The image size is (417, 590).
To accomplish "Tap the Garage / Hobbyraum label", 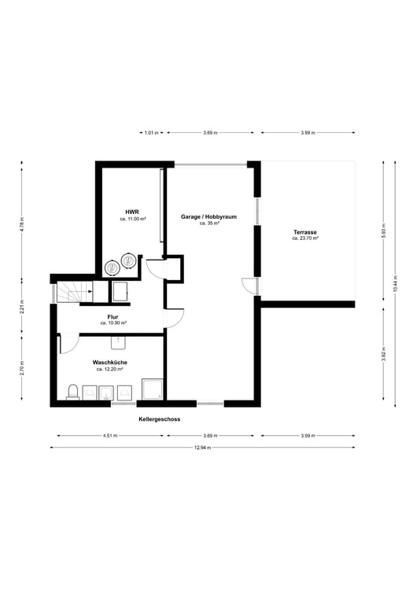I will (x=209, y=216).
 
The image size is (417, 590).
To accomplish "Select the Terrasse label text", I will (x=304, y=232).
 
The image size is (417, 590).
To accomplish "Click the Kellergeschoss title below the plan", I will (x=159, y=419).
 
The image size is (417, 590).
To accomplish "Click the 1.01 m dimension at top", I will (x=152, y=133).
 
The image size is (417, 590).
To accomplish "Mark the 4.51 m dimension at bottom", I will (x=110, y=435).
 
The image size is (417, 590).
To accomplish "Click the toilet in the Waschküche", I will (x=72, y=392).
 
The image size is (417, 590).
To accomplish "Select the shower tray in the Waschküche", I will (x=152, y=389).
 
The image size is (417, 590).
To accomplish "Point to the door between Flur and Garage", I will (x=173, y=318).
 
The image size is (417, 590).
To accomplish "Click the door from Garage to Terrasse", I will (x=250, y=286).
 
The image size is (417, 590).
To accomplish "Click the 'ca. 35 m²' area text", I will (x=209, y=223).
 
